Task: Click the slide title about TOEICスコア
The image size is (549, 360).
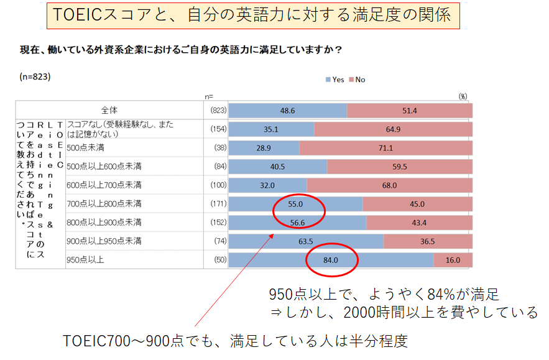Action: (252, 16)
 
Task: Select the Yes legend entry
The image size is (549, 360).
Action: (334, 80)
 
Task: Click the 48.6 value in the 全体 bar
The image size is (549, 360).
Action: (287, 111)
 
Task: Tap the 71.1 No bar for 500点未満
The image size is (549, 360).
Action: (385, 148)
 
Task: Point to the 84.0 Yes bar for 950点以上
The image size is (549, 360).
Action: (331, 260)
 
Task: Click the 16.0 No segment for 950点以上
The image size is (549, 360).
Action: (453, 260)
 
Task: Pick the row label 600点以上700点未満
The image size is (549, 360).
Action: (104, 185)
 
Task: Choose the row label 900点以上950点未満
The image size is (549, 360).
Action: (104, 241)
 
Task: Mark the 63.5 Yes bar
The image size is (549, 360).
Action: (305, 241)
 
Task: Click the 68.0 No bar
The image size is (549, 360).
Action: (389, 185)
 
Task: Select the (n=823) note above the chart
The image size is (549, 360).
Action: (35, 77)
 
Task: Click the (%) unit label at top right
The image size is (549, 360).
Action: (463, 96)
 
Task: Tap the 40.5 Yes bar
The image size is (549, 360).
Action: (277, 167)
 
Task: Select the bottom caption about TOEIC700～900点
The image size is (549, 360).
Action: (236, 341)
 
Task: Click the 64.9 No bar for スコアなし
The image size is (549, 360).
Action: (393, 129)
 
